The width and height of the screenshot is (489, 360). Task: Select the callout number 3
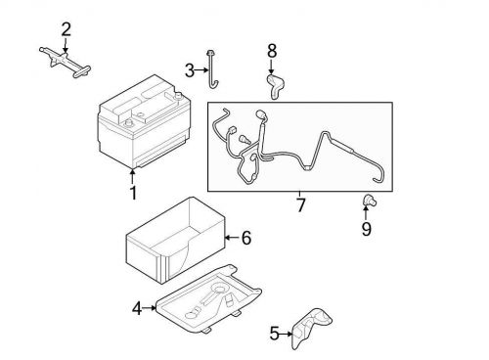190,69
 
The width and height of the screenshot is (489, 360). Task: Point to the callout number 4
137,309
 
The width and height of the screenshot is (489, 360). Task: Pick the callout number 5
274,333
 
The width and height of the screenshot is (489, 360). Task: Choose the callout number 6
245,237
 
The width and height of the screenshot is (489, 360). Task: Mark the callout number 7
301,207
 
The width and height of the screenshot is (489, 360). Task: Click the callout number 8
272,49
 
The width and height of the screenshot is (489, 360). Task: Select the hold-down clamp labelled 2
62,60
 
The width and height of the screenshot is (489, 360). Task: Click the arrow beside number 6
231,237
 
